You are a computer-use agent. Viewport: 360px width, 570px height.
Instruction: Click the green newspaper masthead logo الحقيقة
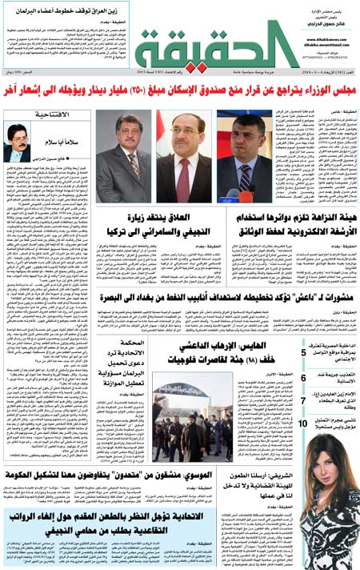pyautogui.click(x=206, y=46)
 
